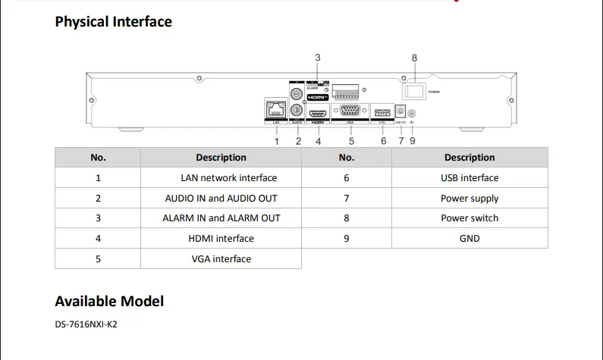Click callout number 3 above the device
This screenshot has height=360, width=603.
[x=318, y=58]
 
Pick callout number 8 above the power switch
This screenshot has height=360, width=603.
[x=414, y=58]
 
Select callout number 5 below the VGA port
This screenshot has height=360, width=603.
[x=351, y=141]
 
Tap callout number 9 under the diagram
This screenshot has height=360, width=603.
[x=413, y=141]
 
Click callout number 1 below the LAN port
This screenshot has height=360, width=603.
[x=277, y=141]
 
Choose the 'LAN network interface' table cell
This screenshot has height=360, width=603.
[x=228, y=178]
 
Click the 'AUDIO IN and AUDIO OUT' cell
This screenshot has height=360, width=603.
[x=221, y=199]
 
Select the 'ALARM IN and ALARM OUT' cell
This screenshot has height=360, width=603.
[x=221, y=218]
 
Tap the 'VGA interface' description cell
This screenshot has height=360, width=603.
[x=221, y=258]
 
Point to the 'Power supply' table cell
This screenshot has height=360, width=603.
[x=470, y=199]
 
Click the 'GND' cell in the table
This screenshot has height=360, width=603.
[x=470, y=239]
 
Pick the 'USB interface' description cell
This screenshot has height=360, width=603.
[x=470, y=178]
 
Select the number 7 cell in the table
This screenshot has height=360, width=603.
[x=347, y=199]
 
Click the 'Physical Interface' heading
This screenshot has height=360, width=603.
[x=113, y=21]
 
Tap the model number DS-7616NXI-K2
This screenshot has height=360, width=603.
[x=86, y=324]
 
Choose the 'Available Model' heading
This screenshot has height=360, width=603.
[x=109, y=301]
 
